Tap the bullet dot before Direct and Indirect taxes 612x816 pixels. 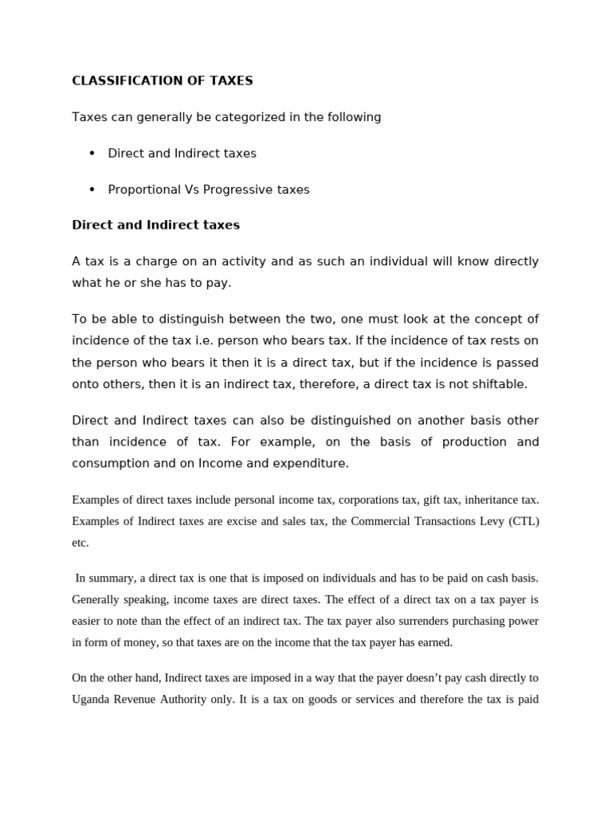[92, 153]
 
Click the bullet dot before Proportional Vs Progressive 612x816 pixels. [92, 190]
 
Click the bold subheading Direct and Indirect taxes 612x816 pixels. [155, 225]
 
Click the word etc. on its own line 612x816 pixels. [80, 543]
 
